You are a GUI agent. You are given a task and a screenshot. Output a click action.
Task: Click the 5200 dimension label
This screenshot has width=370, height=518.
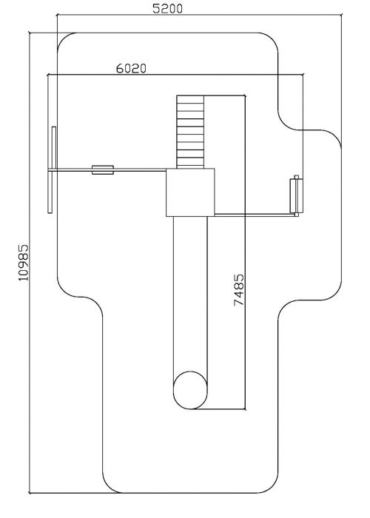pyautogui.click(x=167, y=9)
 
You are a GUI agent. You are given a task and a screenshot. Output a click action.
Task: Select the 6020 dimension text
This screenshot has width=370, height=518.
pyautogui.click(x=131, y=68)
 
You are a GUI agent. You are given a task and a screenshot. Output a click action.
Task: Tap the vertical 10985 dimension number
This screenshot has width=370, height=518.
pyautogui.click(x=24, y=263)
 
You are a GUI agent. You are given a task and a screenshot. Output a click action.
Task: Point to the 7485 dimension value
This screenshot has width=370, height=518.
pyautogui.click(x=239, y=290)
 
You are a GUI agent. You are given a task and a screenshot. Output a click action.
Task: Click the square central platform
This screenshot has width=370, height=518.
pyautogui.click(x=190, y=192)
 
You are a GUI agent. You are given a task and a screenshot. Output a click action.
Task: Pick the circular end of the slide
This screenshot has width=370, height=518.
pyautogui.click(x=190, y=390)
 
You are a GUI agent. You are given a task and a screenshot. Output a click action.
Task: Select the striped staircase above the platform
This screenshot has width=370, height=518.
pyautogui.click(x=190, y=132)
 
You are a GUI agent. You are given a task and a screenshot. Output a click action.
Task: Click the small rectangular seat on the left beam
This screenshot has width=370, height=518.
pyautogui.click(x=103, y=169)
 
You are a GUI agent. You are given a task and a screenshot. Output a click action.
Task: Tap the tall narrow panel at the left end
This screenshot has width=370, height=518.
pyautogui.click(x=53, y=169)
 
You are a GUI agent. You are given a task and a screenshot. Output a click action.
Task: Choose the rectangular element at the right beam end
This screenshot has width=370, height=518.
pyautogui.click(x=296, y=196)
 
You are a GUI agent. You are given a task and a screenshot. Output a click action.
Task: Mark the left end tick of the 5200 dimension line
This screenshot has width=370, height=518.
pyautogui.click(x=58, y=15)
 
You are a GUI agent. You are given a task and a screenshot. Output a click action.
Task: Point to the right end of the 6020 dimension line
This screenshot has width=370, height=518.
pyautogui.click(x=303, y=74)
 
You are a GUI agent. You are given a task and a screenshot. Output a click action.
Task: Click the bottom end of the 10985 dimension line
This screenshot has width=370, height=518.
pyautogui.click(x=30, y=493)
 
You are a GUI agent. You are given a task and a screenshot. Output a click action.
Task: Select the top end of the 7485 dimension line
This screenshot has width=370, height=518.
pyautogui.click(x=245, y=95)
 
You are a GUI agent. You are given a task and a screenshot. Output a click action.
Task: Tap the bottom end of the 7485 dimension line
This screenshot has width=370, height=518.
pyautogui.click(x=245, y=409)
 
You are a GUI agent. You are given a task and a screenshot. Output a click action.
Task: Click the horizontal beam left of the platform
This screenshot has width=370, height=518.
pyautogui.click(x=107, y=169)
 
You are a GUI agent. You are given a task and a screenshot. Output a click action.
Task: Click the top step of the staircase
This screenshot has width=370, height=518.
pyautogui.click(x=190, y=99)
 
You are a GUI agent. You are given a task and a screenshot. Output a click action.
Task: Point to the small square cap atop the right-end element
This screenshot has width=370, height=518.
pyautogui.click(x=296, y=177)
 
